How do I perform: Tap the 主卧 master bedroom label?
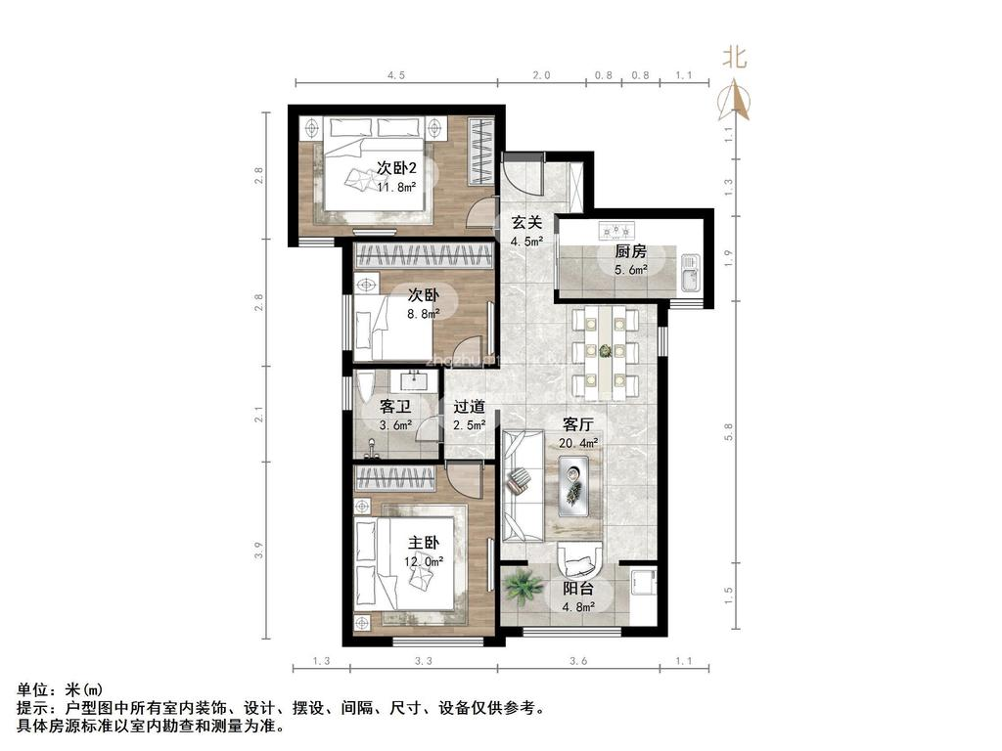(x=424, y=544)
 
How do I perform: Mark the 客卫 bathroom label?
(x=395, y=407)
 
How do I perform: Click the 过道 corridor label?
(x=469, y=407)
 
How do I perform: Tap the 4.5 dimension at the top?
(x=395, y=75)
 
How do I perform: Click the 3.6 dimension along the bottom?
(x=577, y=662)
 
